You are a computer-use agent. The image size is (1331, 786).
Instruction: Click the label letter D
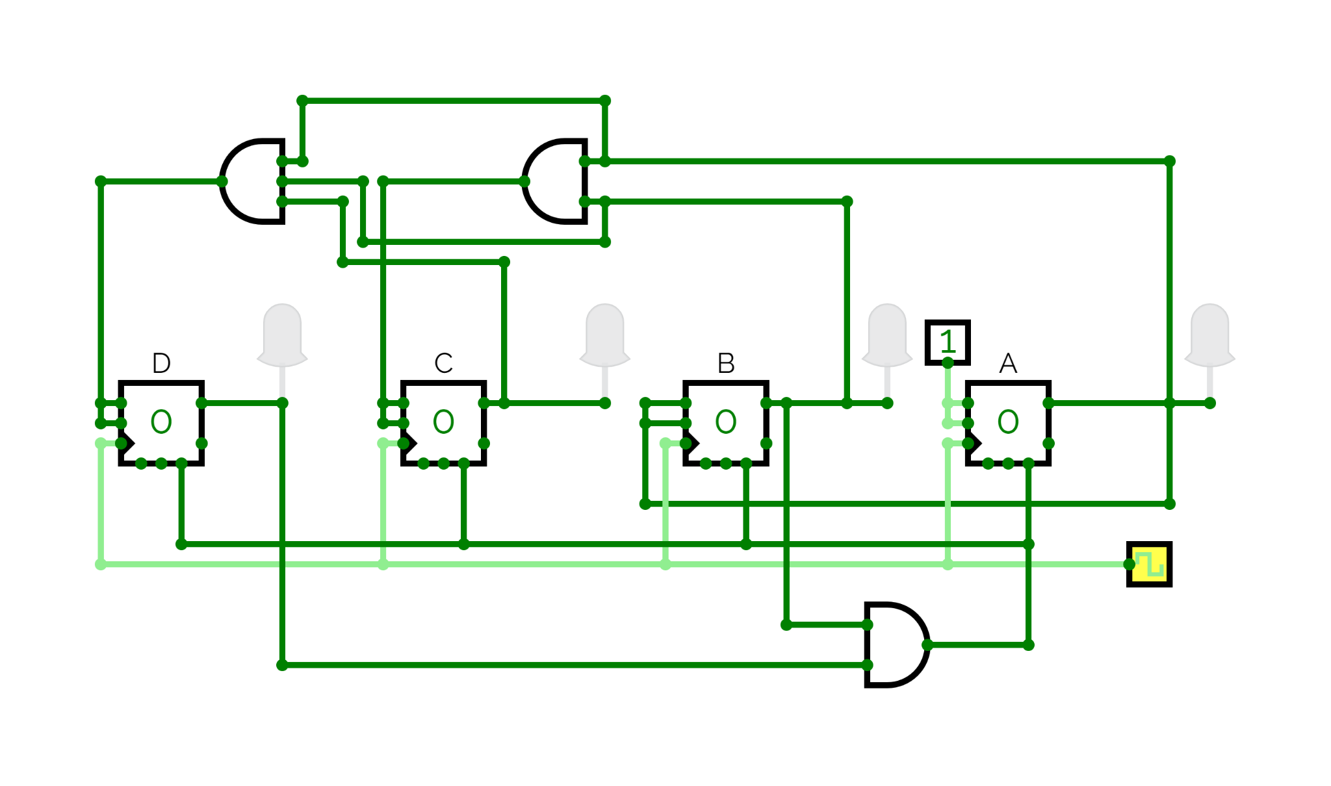click(161, 363)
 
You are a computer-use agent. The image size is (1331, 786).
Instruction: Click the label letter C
click(443, 363)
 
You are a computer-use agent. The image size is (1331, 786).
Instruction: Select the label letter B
click(726, 363)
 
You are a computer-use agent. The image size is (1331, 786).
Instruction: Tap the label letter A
click(1008, 363)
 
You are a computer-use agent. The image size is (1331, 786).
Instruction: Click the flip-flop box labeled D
click(161, 423)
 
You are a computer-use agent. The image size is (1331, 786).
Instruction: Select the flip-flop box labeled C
click(443, 423)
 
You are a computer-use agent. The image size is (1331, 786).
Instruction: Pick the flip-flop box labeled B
click(726, 423)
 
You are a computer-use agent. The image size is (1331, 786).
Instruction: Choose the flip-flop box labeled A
click(1008, 423)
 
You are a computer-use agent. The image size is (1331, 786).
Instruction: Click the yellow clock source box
click(1149, 564)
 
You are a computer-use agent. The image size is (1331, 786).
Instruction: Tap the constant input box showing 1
click(948, 342)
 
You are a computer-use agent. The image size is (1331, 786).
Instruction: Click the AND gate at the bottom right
click(897, 644)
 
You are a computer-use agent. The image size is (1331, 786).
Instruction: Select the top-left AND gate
click(252, 181)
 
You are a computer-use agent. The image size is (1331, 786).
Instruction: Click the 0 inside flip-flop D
click(161, 422)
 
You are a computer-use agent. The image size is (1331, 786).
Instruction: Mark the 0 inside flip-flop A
click(1008, 422)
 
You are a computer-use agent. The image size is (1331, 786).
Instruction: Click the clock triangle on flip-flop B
click(691, 443)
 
